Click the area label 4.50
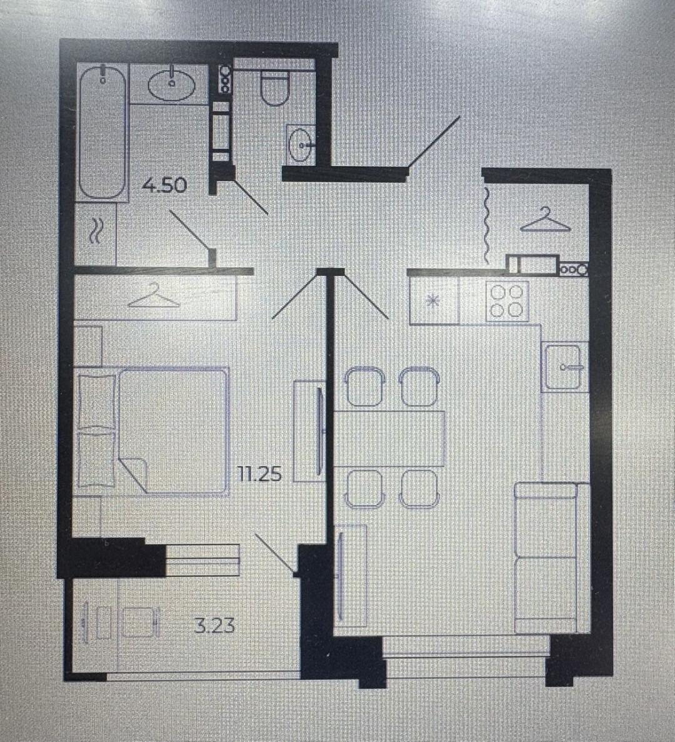(165, 185)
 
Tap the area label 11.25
(259, 474)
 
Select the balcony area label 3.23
(214, 626)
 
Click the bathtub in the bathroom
(102, 132)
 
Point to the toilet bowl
(274, 88)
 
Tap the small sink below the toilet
(300, 143)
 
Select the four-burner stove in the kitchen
(507, 302)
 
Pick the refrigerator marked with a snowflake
(434, 300)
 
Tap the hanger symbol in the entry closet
(546, 219)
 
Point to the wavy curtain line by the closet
(486, 225)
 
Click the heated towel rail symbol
(96, 231)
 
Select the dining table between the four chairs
(389, 439)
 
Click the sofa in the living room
(552, 558)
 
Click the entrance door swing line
(434, 141)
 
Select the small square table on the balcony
(139, 621)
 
